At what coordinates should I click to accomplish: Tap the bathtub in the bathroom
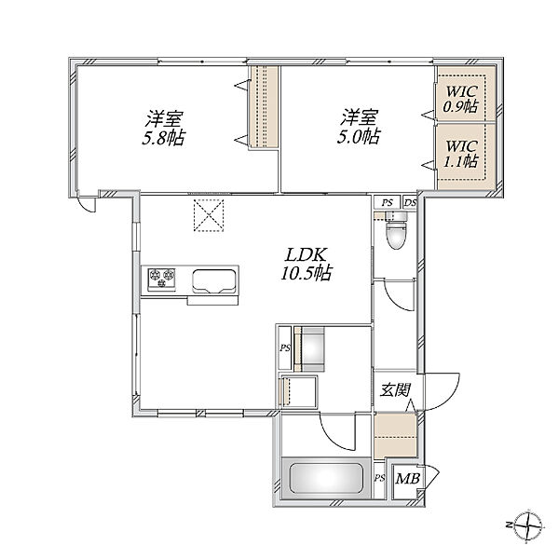(326, 478)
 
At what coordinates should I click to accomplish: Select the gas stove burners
(162, 278)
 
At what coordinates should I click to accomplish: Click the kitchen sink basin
(213, 281)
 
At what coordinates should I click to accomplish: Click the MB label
(408, 479)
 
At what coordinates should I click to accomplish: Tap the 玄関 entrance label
(395, 389)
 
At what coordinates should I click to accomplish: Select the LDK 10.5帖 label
(307, 264)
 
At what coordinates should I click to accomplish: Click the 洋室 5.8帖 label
(164, 128)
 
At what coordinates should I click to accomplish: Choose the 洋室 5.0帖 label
(359, 127)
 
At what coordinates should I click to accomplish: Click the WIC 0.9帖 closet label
(460, 99)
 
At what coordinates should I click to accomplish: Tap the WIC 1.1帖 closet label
(460, 154)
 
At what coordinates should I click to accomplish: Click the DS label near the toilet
(410, 202)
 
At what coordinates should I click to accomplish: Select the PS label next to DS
(387, 202)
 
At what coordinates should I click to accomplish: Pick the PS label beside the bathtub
(380, 478)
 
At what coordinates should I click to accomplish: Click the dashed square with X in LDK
(209, 215)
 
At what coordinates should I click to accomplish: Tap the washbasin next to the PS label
(309, 348)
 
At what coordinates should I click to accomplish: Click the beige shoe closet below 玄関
(395, 435)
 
